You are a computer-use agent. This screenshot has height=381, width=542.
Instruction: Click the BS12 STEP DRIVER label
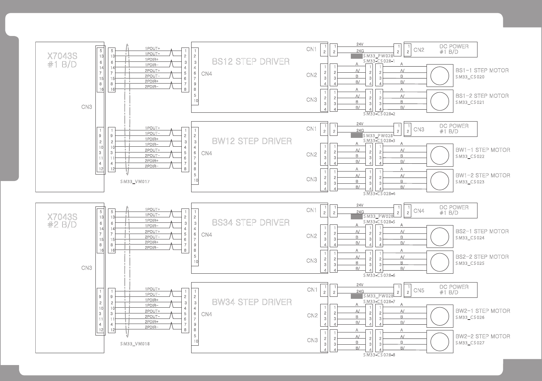[x=251, y=61]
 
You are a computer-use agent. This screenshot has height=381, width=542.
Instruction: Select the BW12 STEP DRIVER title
[x=252, y=141]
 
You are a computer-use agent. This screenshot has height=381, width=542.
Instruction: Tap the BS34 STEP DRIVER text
[x=251, y=222]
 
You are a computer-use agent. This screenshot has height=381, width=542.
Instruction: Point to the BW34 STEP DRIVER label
[x=252, y=302]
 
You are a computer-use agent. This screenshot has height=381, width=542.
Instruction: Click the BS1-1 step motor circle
[x=439, y=76]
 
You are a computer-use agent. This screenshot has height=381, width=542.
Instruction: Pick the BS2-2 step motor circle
[x=439, y=262]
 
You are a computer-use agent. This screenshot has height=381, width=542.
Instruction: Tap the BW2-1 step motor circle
[x=439, y=316]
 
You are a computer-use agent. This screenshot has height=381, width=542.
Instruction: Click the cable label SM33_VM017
[x=135, y=182]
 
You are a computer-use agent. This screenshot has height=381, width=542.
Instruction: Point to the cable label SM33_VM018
[x=135, y=344]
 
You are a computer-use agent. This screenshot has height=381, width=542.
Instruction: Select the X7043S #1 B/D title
[x=62, y=60]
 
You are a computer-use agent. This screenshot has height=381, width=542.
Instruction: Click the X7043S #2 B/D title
[x=62, y=221]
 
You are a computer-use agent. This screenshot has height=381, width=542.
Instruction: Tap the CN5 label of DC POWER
[x=419, y=290]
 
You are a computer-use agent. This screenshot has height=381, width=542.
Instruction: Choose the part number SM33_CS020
[x=470, y=77]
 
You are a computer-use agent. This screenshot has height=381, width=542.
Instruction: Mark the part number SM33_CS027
[x=470, y=343]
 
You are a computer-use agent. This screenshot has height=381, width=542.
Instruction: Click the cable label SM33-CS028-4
[x=379, y=194]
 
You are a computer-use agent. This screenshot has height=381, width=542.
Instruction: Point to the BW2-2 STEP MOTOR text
[x=483, y=336]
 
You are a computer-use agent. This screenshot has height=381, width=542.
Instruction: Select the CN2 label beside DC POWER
[x=419, y=50]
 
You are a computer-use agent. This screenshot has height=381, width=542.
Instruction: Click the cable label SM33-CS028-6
[x=379, y=275]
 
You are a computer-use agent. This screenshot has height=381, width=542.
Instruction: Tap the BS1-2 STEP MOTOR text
[x=482, y=96]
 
